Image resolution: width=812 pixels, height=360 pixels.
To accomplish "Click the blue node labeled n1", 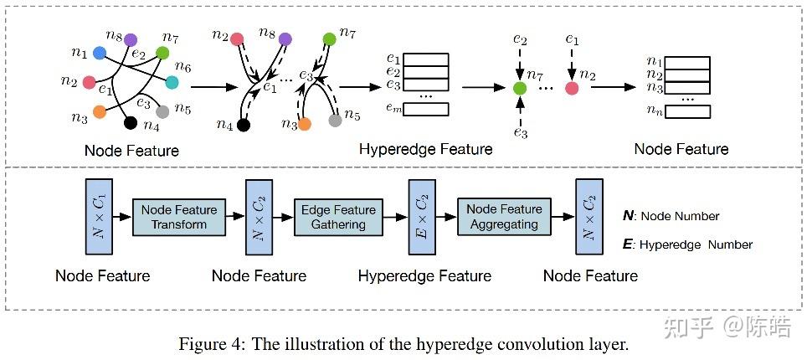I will click(x=99, y=54).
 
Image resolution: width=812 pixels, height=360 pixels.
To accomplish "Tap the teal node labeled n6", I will click(x=172, y=82).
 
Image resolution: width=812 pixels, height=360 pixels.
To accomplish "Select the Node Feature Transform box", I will click(x=178, y=217).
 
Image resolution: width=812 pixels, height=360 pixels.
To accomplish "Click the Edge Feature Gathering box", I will click(x=339, y=217).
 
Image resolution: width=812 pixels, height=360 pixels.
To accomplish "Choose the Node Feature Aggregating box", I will click(x=504, y=217).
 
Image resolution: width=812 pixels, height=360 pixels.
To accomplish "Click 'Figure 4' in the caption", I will click(x=205, y=343).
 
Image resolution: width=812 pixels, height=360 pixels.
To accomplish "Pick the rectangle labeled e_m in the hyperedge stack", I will click(x=425, y=109).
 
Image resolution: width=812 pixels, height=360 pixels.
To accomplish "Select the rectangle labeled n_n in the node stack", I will click(x=686, y=111).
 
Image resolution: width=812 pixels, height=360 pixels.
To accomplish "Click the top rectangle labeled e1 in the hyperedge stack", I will click(x=425, y=60).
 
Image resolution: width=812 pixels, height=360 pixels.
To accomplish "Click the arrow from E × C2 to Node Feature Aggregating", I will click(x=445, y=217).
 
